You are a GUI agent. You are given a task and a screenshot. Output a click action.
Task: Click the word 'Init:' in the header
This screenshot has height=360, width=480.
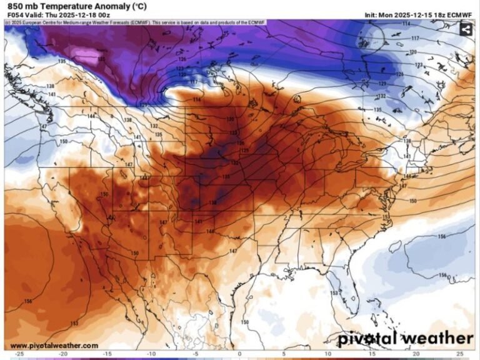click(372, 15)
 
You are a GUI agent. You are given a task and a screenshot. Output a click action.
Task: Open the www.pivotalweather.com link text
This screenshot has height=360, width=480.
click(54, 346)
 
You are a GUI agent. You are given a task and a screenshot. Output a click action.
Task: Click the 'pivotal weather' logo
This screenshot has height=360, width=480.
click(406, 339)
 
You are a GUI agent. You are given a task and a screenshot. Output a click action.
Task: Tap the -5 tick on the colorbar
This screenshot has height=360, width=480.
click(195, 354)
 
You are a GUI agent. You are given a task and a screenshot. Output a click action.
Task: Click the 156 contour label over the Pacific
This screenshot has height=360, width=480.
click(28, 301)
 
